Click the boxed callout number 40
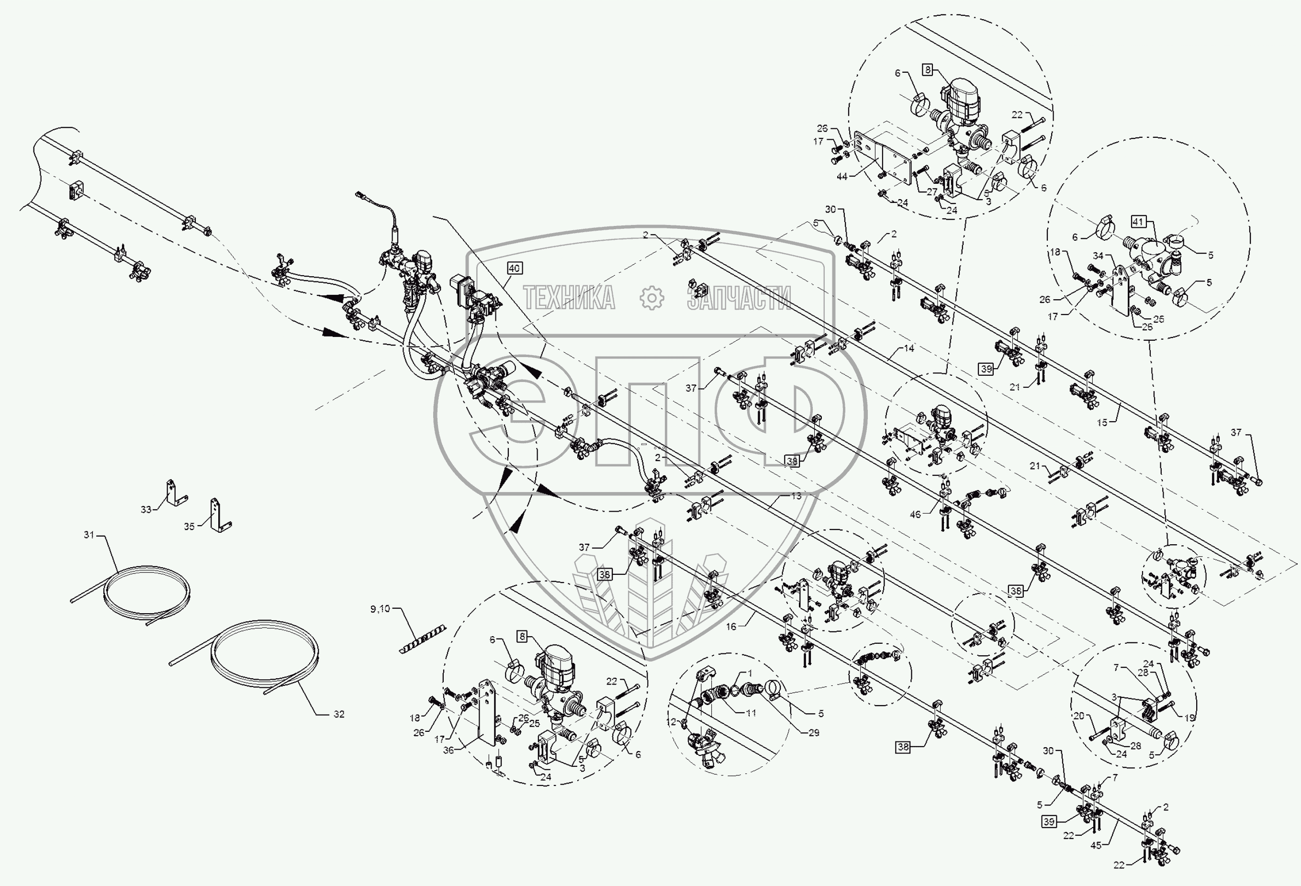[514, 268]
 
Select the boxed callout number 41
[1137, 222]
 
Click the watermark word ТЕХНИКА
[569, 297]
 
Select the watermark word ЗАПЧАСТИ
[739, 297]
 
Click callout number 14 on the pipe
[908, 348]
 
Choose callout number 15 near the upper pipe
[1102, 423]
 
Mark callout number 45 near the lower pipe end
[1096, 845]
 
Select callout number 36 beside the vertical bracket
[449, 750]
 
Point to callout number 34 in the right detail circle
[1098, 256]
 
